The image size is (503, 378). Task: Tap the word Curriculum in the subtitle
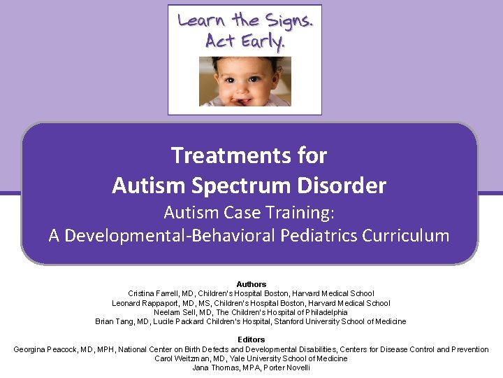click(x=406, y=235)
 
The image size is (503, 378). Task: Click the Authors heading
click(x=251, y=284)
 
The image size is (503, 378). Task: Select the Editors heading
click(x=251, y=339)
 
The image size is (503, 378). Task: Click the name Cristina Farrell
click(x=152, y=293)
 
